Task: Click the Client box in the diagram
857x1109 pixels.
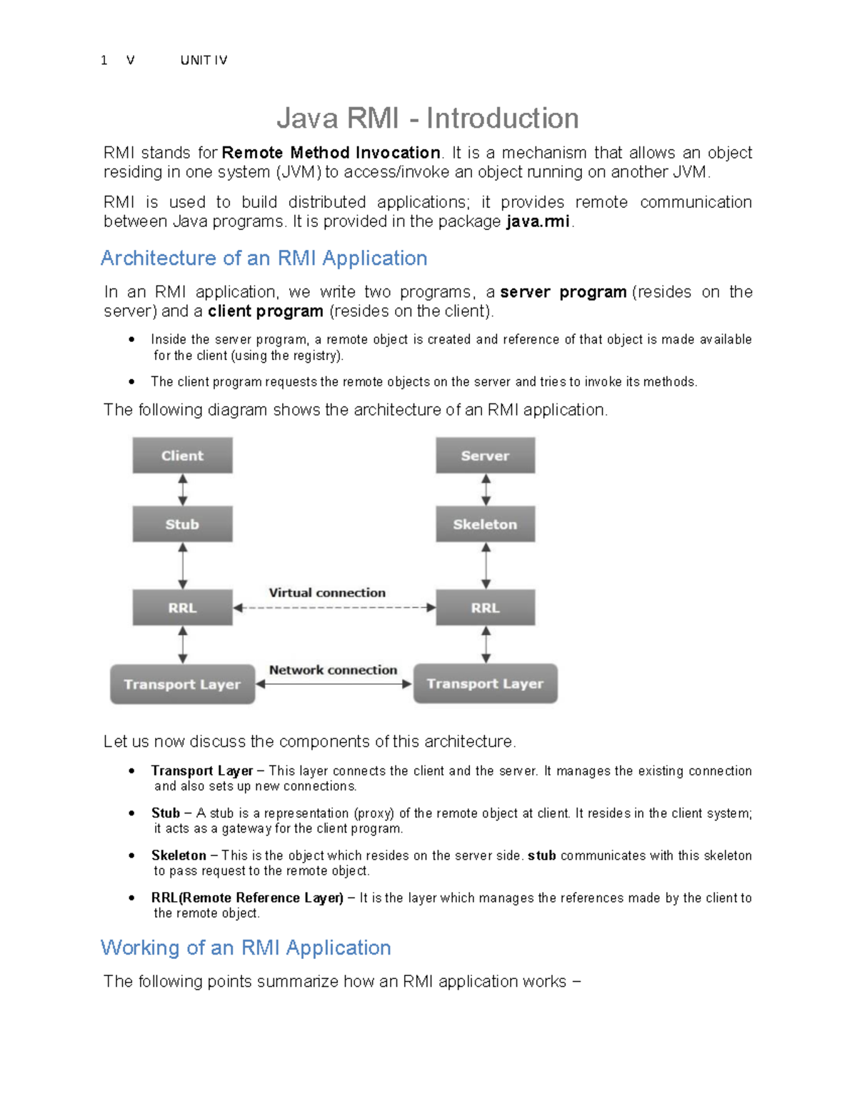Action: pos(182,456)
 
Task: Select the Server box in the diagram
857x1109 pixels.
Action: pos(485,456)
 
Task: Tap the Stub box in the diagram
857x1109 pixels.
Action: pos(182,524)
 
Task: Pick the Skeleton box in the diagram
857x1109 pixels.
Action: pos(485,524)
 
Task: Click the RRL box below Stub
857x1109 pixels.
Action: pos(182,608)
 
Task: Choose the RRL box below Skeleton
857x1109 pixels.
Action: pos(485,608)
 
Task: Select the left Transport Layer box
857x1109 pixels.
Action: pos(182,684)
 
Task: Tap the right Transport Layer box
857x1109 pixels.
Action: pos(485,683)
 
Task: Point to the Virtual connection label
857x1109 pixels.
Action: pos(327,593)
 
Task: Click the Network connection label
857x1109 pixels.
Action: pos(333,670)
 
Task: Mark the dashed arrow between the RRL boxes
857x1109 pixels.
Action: pos(334,608)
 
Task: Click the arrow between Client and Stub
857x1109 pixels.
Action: pos(183,490)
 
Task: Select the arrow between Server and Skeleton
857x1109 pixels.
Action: pos(486,490)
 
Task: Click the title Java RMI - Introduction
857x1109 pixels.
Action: pos(427,119)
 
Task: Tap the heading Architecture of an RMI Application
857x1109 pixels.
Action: pos(264,258)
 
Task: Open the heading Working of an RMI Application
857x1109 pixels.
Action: pos(246,948)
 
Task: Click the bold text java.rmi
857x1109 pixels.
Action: pos(538,221)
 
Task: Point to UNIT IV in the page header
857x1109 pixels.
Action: pos(204,61)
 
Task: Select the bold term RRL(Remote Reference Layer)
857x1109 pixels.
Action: pos(247,898)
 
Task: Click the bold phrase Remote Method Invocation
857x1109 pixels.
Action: pos(331,153)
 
